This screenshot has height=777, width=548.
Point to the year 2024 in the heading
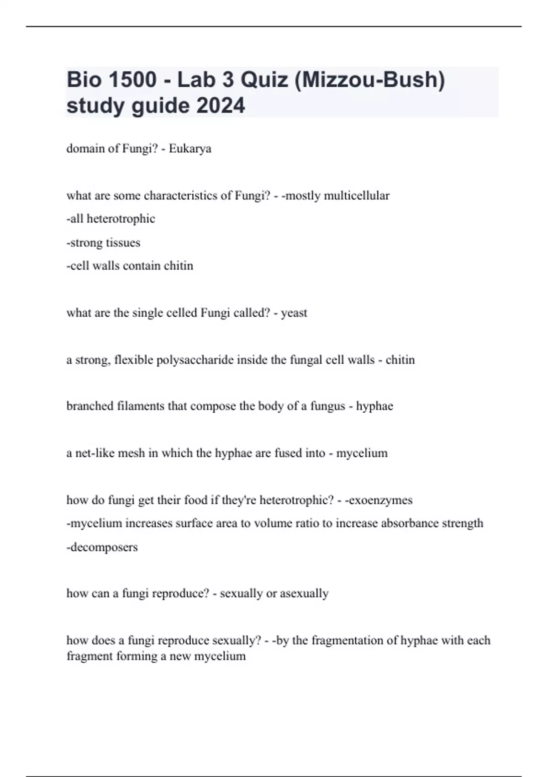pyautogui.click(x=221, y=106)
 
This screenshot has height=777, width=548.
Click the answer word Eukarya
pyautogui.click(x=190, y=149)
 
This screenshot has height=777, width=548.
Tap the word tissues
pyautogui.click(x=122, y=243)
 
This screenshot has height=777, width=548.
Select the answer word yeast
pyautogui.click(x=294, y=313)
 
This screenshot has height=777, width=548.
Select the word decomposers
pyautogui.click(x=104, y=547)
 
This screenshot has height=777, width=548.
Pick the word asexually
pyautogui.click(x=304, y=593)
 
